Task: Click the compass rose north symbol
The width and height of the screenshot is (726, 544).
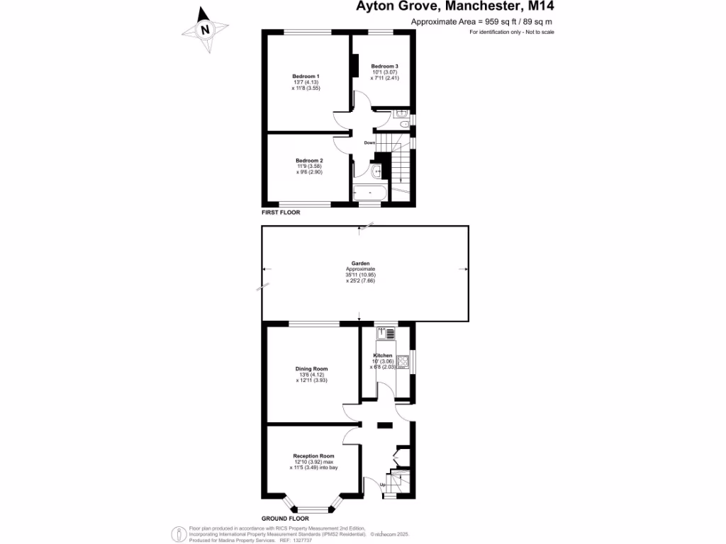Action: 206,30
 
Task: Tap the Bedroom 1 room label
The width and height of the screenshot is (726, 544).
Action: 306,76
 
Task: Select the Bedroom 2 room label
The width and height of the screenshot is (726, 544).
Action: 309,161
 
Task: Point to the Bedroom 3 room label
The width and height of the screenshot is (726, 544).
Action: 385,66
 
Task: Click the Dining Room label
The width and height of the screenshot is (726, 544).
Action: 312,368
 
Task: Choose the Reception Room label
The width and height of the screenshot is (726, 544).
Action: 313,455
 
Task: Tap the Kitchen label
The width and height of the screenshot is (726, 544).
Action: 383,355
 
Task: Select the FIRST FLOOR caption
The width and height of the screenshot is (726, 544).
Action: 281,212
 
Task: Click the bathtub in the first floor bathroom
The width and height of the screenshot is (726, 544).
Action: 369,193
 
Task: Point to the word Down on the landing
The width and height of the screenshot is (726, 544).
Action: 369,143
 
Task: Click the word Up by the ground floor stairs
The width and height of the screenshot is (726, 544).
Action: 383,485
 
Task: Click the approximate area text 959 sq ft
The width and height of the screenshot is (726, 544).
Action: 481,22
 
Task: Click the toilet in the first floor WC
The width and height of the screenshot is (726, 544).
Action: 403,125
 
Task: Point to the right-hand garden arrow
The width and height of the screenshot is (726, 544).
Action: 463,269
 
